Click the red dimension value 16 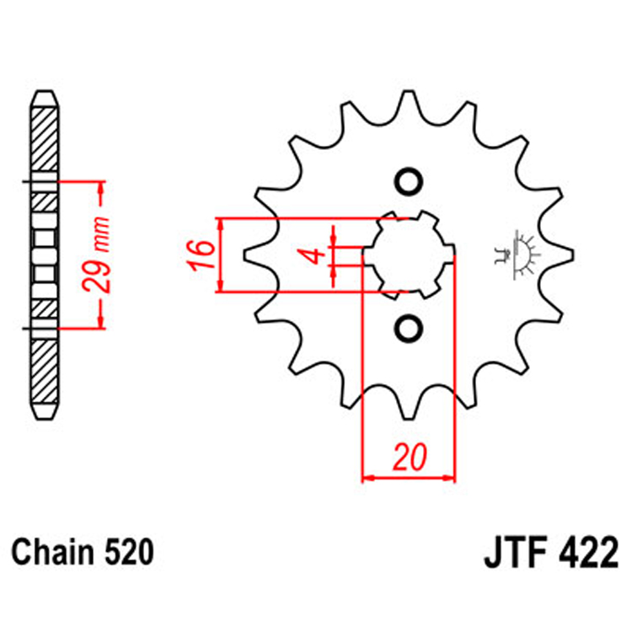pyautogui.click(x=196, y=255)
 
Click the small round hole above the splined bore pyautogui.click(x=409, y=182)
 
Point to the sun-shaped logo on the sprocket pyautogui.click(x=515, y=254)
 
